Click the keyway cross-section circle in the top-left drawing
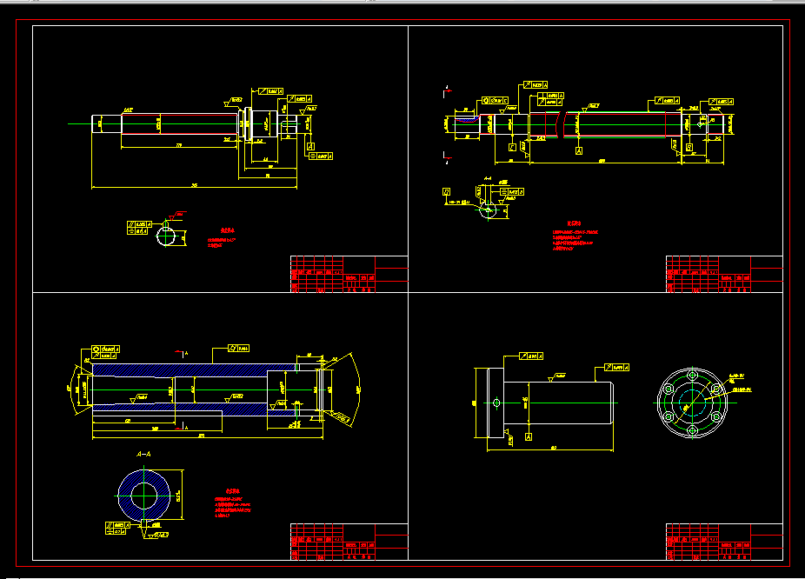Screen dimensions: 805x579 point(170,237)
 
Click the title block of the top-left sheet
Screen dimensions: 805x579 point(348,274)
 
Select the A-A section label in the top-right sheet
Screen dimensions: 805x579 point(488,178)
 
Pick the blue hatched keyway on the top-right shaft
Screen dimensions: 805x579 point(467,123)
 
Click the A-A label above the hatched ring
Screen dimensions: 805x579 point(144,454)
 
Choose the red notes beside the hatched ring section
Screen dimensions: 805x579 point(232,503)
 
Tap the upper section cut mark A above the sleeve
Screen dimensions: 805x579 point(186,353)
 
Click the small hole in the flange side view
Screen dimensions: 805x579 point(496,403)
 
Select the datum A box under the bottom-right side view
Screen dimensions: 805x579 point(527,438)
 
